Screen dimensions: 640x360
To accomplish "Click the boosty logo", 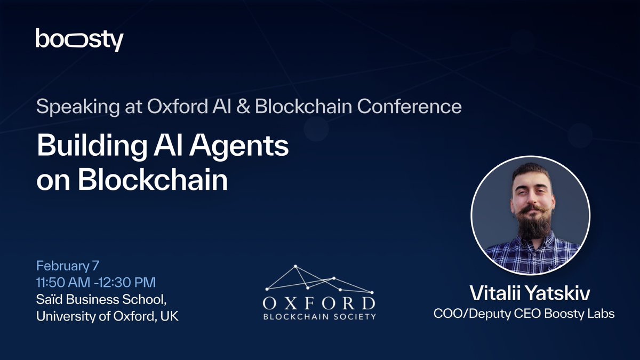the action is tap(79, 39).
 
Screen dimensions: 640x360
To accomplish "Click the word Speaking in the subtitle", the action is tap(78, 107).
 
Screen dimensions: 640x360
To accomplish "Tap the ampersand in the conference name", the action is tap(243, 106).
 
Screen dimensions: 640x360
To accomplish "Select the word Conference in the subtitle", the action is tap(409, 106).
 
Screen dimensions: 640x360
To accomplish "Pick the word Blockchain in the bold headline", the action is tap(153, 179).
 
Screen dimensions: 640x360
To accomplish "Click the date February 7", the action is tap(68, 266).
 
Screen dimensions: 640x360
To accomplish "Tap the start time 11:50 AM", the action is tap(63, 283).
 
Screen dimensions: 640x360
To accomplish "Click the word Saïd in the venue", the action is tap(50, 299).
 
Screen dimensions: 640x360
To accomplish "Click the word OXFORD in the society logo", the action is tap(319, 303).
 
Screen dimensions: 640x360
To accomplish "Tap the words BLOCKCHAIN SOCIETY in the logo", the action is tap(319, 317).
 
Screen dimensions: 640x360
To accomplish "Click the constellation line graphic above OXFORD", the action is tap(319, 279).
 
